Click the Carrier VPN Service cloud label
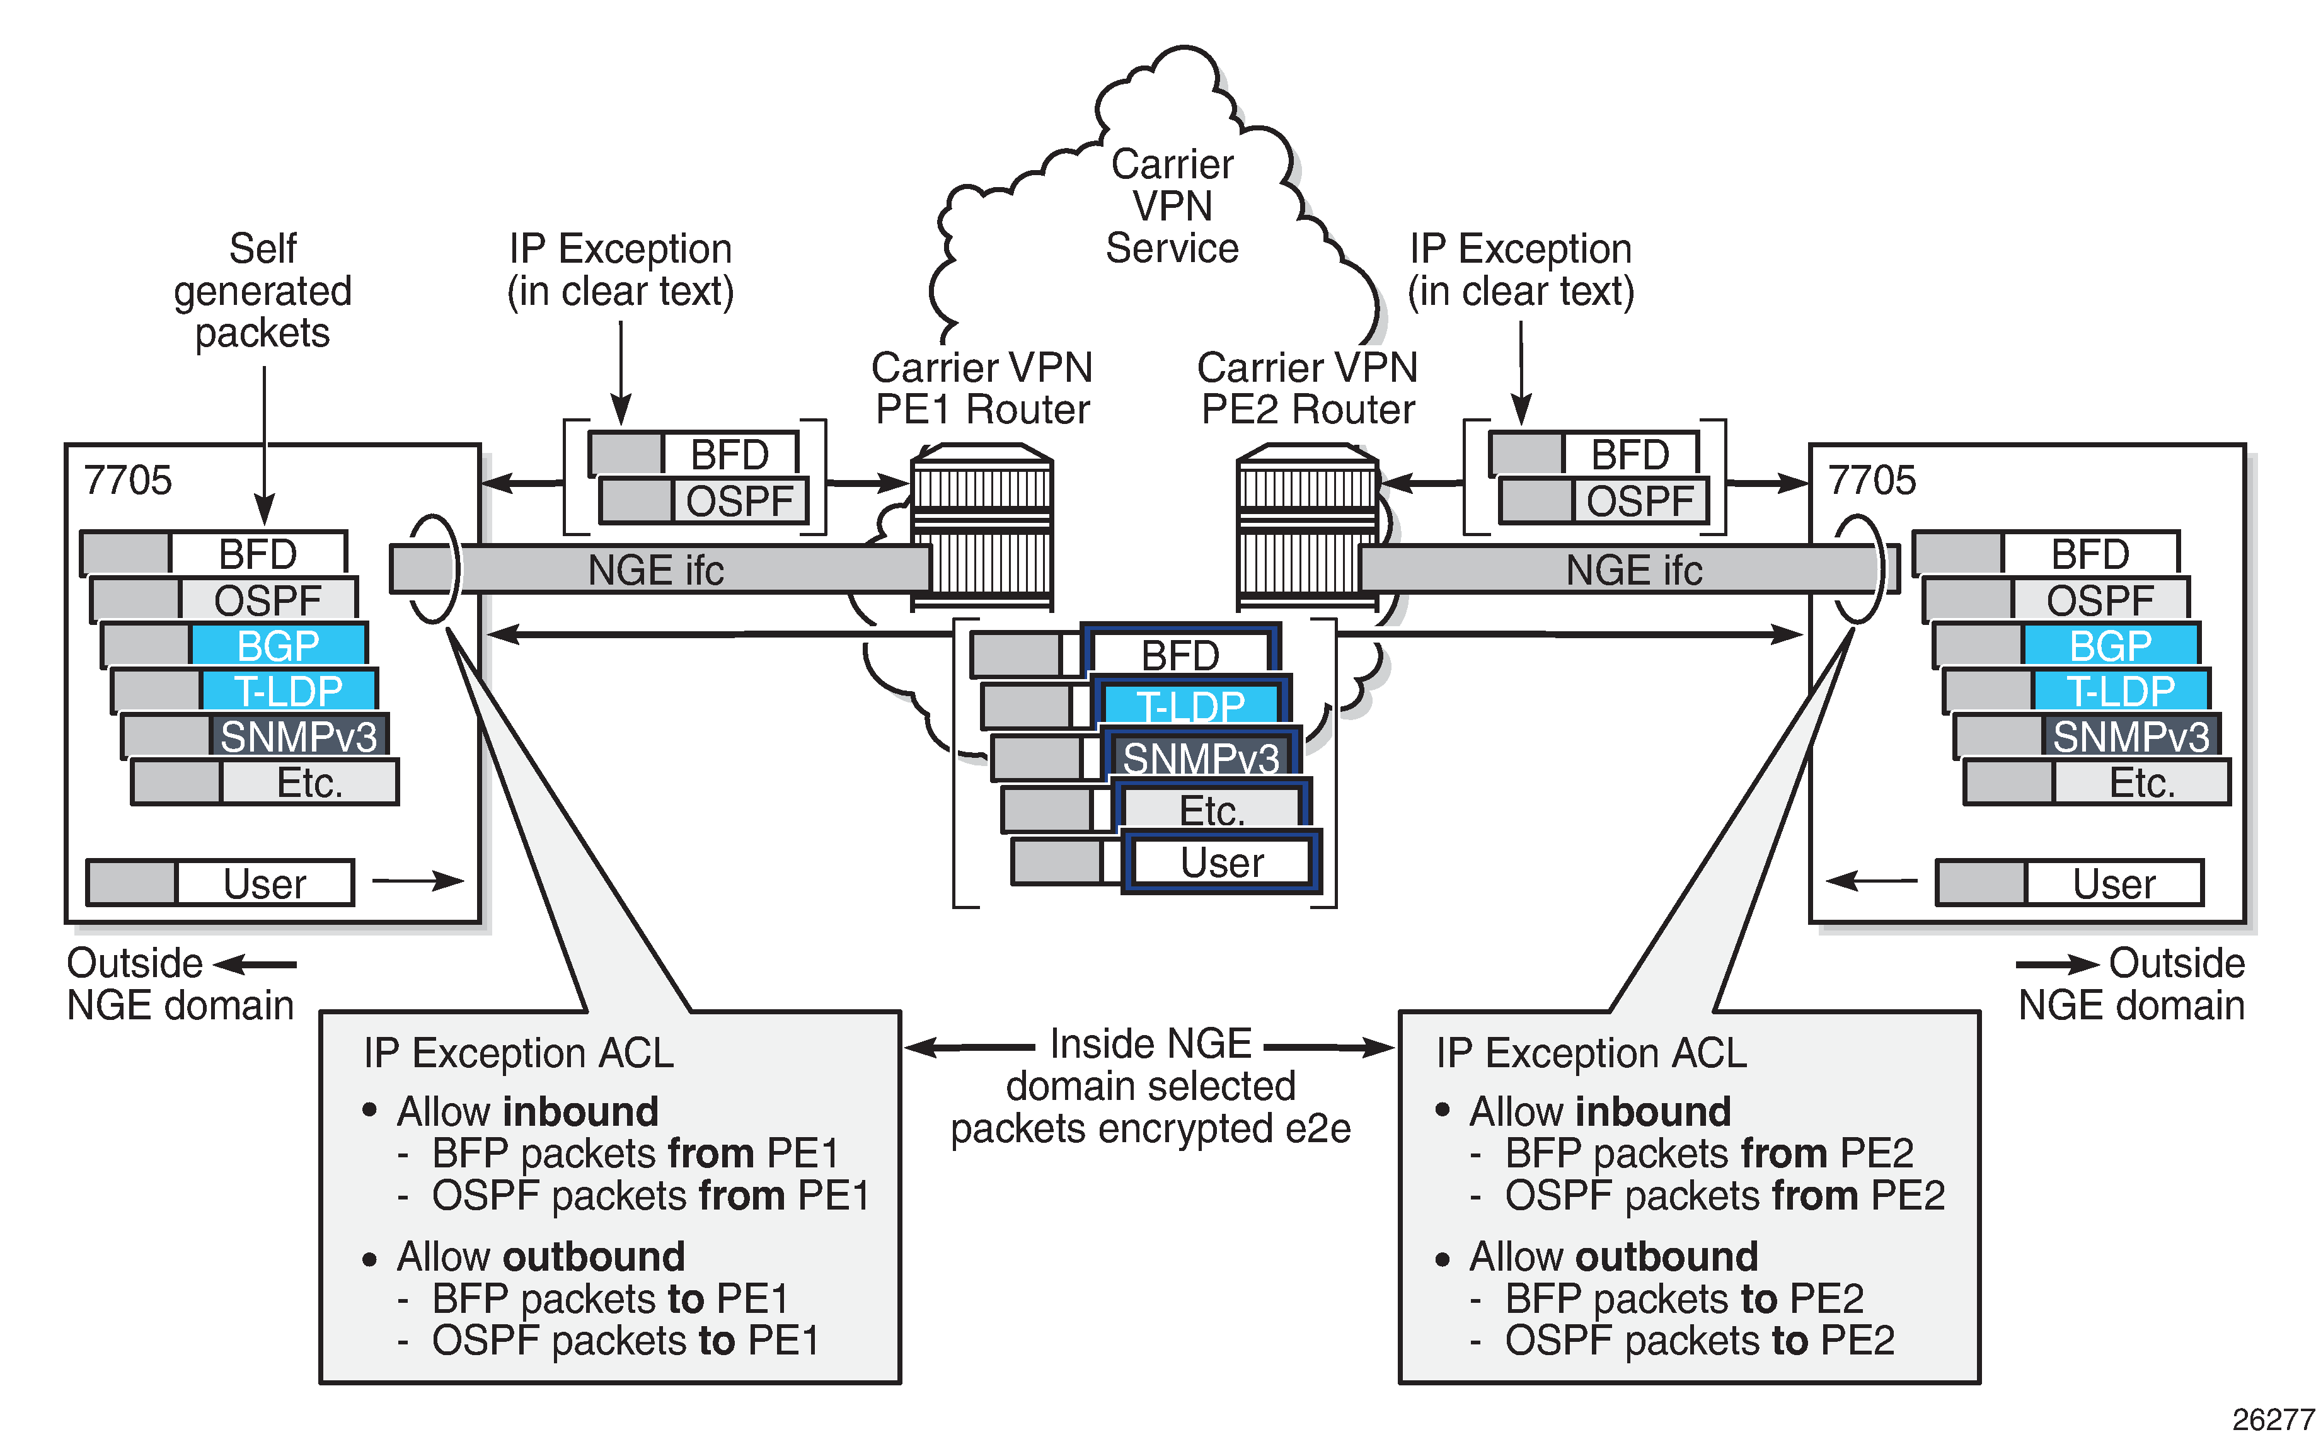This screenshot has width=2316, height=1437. [x=1172, y=206]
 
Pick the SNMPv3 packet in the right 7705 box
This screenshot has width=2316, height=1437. [x=2129, y=736]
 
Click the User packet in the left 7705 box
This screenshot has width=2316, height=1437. [x=263, y=883]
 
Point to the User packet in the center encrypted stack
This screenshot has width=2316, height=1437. [x=1222, y=862]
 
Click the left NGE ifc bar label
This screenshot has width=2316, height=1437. [x=656, y=570]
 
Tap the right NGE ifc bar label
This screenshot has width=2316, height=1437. [x=1633, y=570]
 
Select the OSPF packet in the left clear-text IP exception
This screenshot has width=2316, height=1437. [x=739, y=501]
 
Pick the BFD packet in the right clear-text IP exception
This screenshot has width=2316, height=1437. [x=1630, y=454]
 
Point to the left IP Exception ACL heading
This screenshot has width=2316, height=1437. [x=518, y=1053]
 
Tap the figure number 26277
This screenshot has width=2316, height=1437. [x=2273, y=1419]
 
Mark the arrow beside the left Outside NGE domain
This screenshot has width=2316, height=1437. [x=255, y=965]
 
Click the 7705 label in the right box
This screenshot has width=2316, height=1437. [x=1871, y=480]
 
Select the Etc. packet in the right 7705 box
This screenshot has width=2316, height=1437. [x=2141, y=782]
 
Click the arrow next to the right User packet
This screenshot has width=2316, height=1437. [x=1871, y=881]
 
